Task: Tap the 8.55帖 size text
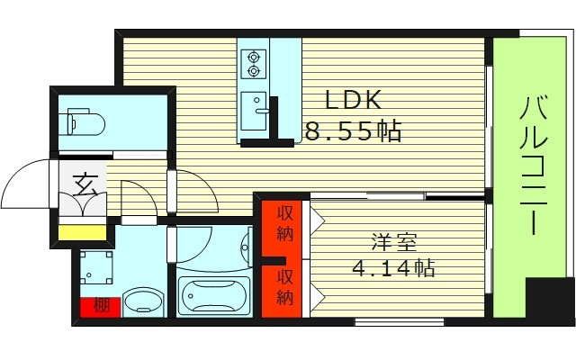coord(353,132)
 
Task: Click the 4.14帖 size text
coord(393,268)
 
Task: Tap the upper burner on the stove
coord(253,55)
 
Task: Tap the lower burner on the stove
coord(253,70)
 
